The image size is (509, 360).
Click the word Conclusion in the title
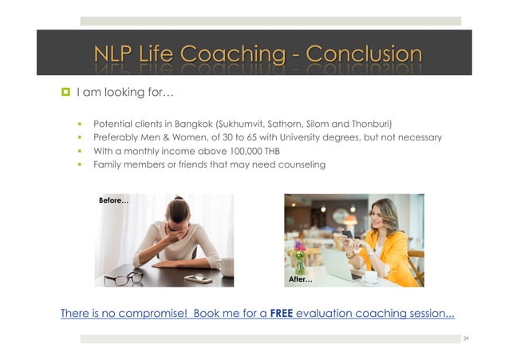pyautogui.click(x=364, y=54)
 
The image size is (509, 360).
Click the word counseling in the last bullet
pyautogui.click(x=299, y=164)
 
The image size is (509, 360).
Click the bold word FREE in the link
pyautogui.click(x=282, y=313)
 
